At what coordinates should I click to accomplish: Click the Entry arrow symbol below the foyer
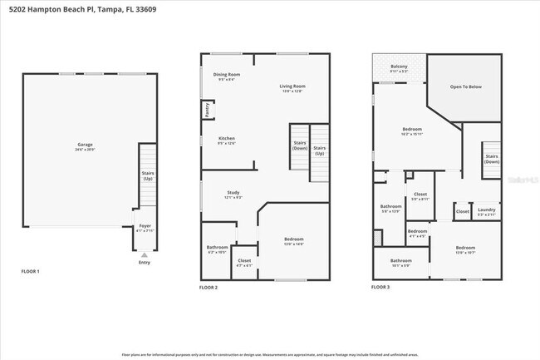click(145, 254)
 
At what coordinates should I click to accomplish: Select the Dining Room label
click(227, 76)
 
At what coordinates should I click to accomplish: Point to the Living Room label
click(292, 87)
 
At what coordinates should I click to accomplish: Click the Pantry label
click(206, 110)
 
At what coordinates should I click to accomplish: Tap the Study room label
click(233, 194)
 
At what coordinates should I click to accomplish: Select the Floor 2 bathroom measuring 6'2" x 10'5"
click(218, 249)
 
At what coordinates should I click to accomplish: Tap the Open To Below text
click(465, 86)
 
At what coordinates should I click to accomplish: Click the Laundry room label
click(487, 211)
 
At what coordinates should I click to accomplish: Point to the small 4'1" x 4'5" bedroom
click(417, 233)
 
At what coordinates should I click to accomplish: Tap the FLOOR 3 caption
click(380, 287)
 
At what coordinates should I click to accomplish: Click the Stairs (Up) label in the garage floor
click(147, 175)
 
